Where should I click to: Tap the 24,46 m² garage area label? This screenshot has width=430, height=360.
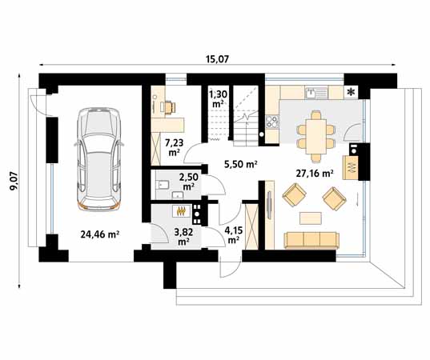pyautogui.click(x=99, y=234)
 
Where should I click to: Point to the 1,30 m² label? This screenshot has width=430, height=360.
pyautogui.click(x=217, y=99)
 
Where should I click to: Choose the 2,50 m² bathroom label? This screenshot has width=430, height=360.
pyautogui.click(x=189, y=181)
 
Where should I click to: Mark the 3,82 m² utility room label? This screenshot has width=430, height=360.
pyautogui.click(x=184, y=235)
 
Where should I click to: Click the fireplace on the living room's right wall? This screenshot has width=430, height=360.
pyautogui.click(x=351, y=166)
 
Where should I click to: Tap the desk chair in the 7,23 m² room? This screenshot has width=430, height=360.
pyautogui.click(x=169, y=106)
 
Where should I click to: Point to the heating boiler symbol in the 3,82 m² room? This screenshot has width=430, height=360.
pyautogui.click(x=182, y=212)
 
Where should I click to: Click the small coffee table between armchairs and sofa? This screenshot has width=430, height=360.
pyautogui.click(x=311, y=217)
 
